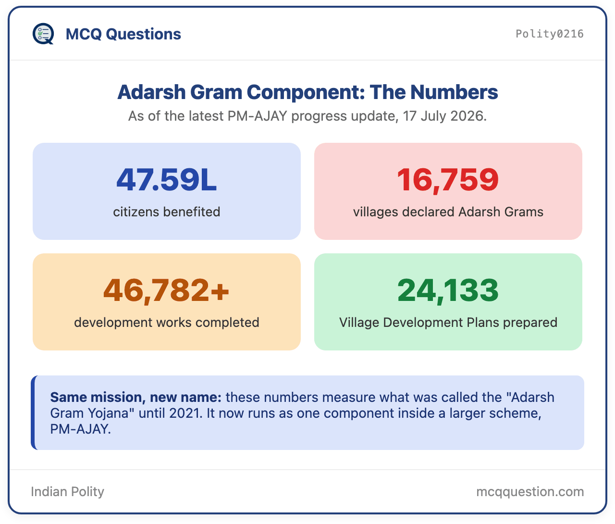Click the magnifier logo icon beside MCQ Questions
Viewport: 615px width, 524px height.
tap(43, 34)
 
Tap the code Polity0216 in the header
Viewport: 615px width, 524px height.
tap(549, 34)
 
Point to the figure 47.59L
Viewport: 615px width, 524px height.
tap(167, 179)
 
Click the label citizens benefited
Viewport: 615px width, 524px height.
tap(167, 212)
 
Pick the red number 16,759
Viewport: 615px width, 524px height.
tap(448, 179)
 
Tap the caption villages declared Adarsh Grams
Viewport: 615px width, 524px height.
tap(448, 212)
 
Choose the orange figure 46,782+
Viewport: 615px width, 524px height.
tap(166, 290)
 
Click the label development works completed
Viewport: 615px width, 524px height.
tap(167, 323)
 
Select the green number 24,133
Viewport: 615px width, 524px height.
tap(448, 290)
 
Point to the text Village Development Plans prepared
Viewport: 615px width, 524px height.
tap(448, 323)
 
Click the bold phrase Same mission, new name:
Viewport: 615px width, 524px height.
tap(135, 398)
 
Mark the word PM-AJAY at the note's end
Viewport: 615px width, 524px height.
tap(80, 429)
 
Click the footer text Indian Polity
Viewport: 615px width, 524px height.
tap(68, 491)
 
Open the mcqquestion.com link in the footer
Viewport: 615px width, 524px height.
tap(530, 492)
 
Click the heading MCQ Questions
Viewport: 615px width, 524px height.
tap(123, 34)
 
